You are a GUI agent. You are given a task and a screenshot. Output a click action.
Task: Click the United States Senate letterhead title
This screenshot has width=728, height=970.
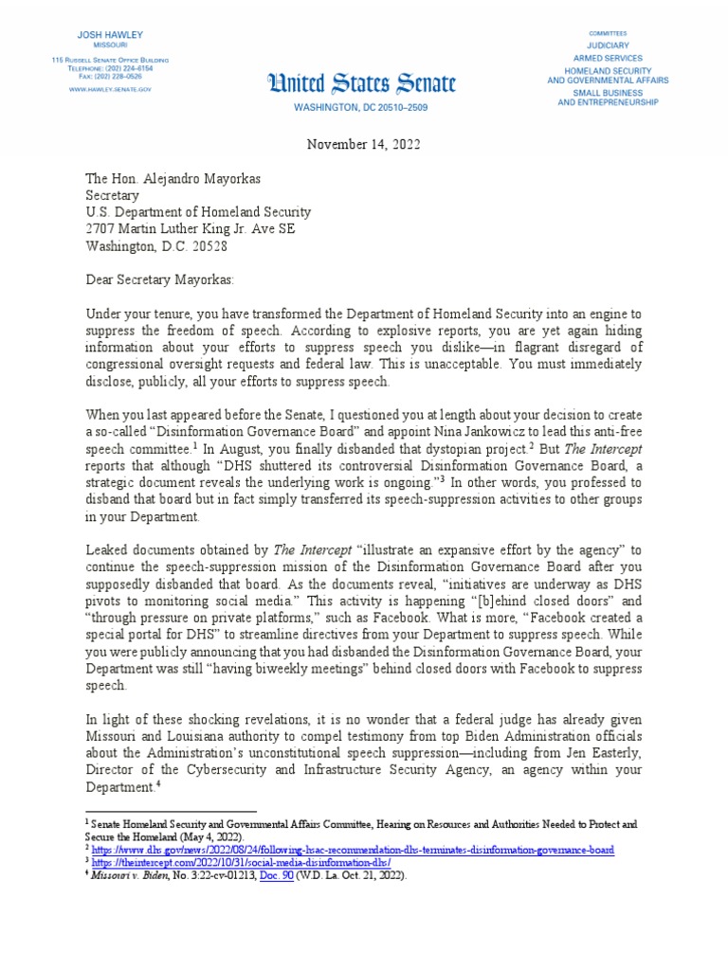(x=363, y=84)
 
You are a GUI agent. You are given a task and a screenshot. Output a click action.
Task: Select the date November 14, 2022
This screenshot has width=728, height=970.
(x=364, y=144)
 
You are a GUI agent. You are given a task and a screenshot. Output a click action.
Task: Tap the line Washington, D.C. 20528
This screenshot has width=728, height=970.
(x=156, y=246)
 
